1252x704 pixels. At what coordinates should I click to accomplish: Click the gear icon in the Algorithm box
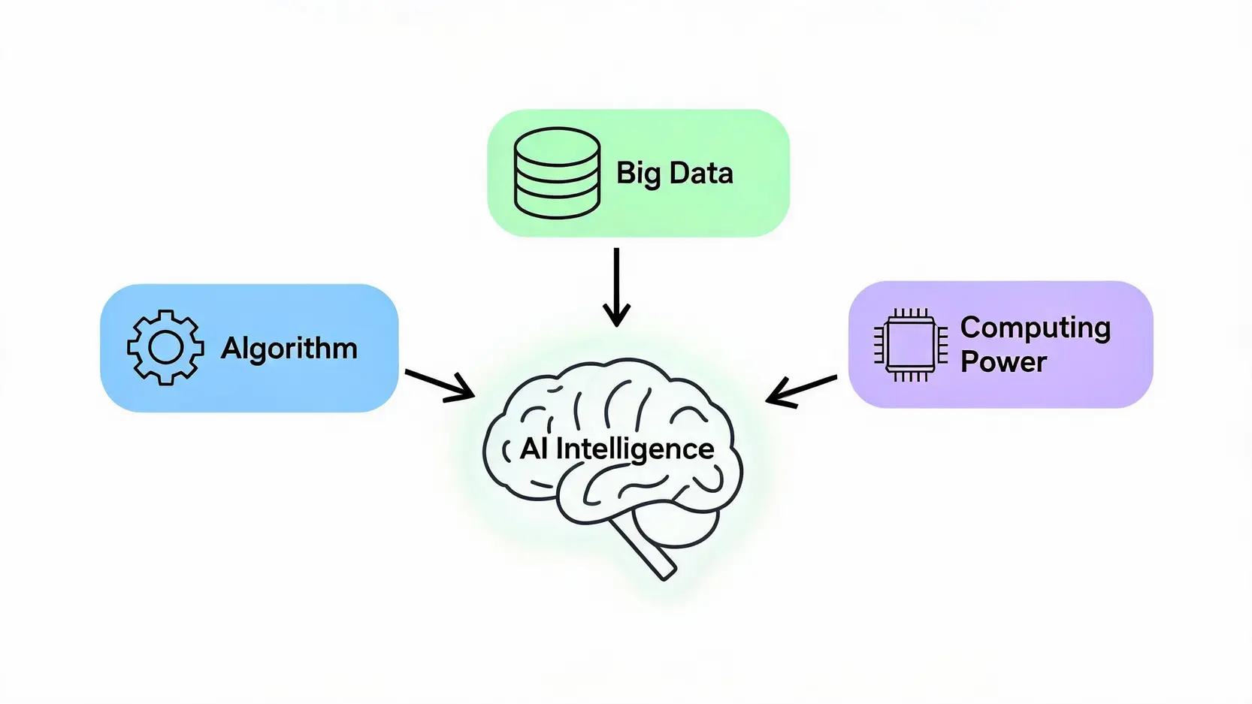coord(165,348)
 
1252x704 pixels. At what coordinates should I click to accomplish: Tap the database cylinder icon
coord(558,174)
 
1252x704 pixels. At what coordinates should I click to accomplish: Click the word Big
coord(638,174)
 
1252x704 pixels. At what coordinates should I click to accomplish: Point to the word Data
coord(701,173)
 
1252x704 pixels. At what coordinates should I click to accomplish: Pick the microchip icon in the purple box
coord(911,345)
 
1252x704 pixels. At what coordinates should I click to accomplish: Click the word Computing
coord(1036,328)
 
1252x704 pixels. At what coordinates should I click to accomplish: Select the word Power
coord(1003,361)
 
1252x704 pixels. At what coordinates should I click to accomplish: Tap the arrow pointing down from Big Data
coord(616,287)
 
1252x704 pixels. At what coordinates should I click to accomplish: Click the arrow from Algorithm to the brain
coord(440,385)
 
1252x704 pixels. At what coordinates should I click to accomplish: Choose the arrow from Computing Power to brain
coord(802,391)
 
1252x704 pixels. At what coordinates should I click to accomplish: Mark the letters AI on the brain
coord(534,449)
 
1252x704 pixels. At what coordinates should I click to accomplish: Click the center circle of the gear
coord(165,348)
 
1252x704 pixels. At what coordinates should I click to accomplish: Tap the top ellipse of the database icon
coord(558,147)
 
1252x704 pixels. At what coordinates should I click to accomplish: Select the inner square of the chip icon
coord(911,345)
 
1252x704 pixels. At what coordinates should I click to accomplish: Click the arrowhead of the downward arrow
coord(616,316)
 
